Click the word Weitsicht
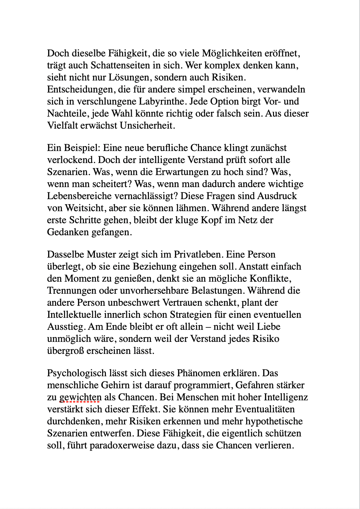point(84,208)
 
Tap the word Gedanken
point(68,232)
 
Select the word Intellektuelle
point(74,315)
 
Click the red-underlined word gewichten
point(80,397)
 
